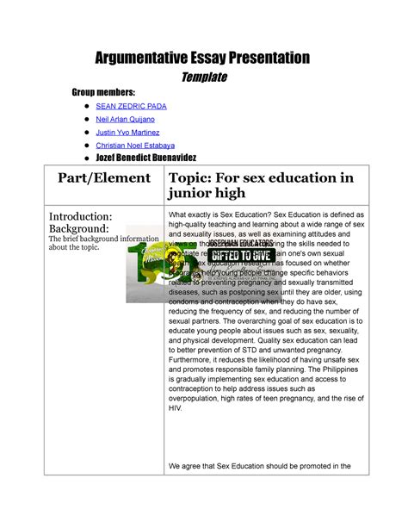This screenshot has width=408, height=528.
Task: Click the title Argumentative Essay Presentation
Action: point(203,59)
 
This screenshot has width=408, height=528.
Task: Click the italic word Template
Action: point(203,78)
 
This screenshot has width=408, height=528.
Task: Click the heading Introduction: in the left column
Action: point(79,215)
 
